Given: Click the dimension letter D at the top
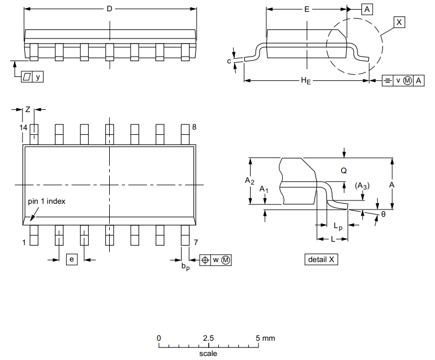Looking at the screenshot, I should pos(109,9).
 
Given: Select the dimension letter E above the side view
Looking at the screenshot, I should pos(307,9).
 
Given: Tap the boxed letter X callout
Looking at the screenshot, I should pos(399,22).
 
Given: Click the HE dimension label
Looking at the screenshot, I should pos(305,82).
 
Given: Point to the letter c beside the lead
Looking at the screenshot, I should pos(229,61).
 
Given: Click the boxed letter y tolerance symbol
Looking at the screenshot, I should pos(38,77).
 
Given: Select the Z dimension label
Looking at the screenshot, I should pos(27,109).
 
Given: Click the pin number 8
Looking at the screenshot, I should pos(194,127).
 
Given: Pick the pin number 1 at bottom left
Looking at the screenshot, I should pos(24,243).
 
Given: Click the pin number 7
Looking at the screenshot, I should pos(196,243).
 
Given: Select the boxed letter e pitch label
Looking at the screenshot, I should pos(72,259).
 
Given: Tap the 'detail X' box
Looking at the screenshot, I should pos(321,259).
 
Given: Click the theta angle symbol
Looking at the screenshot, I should pos(383,215).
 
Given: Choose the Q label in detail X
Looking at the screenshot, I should pos(343,170).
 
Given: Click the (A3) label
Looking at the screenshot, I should pos(362,186).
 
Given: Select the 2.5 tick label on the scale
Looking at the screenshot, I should pos(208,338).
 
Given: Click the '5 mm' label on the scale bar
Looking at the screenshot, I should pos(265,338).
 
